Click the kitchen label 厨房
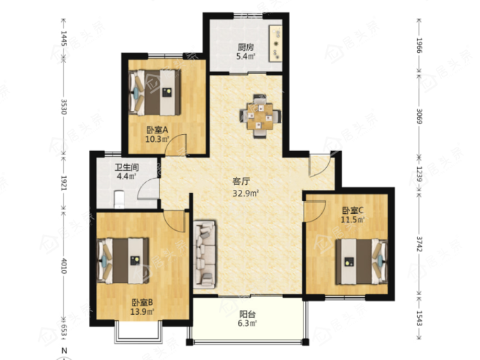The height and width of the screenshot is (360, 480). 246,47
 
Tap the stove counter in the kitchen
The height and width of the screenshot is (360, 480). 275,44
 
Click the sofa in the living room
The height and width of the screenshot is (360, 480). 205,254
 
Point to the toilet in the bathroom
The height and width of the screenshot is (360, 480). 119,198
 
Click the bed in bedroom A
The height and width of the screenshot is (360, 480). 155,92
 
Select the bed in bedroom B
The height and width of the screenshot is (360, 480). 123,260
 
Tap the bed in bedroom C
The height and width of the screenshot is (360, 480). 361,262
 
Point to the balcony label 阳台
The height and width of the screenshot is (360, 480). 247,314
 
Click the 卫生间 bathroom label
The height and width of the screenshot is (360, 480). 127,167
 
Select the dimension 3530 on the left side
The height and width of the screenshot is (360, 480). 64,107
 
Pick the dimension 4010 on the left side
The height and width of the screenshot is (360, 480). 64,265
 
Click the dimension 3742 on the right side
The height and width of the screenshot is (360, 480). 419,244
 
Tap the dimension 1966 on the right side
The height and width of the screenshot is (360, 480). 419,46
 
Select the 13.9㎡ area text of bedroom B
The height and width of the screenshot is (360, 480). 142,312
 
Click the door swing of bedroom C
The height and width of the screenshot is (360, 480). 315,211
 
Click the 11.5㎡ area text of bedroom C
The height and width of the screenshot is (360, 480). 353,220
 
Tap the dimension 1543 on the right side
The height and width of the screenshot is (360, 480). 419,318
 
